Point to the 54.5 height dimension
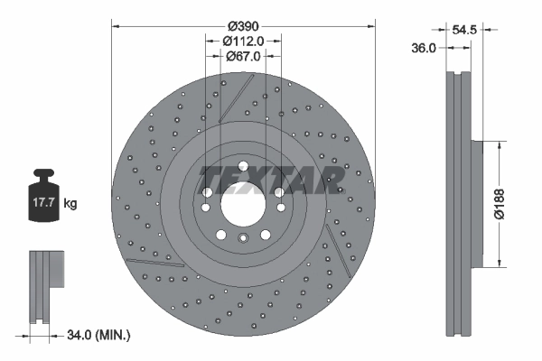463,30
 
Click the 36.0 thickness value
425,48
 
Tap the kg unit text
70,204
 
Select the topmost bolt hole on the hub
242,167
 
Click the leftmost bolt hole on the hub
207,193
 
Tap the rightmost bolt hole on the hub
278,193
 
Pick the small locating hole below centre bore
242,239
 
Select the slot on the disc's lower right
335,244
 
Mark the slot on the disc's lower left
145,263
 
